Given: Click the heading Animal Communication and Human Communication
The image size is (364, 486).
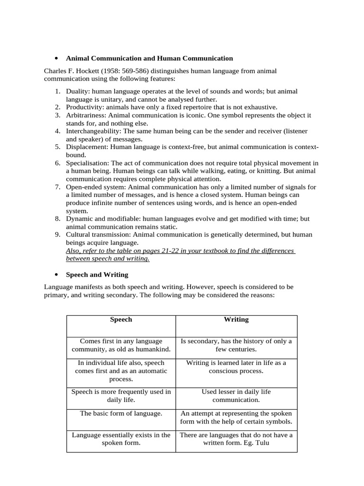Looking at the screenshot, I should (x=149, y=58).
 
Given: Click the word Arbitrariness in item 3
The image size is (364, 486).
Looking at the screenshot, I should (x=86, y=115).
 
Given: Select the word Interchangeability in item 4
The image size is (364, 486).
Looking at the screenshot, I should (x=93, y=131).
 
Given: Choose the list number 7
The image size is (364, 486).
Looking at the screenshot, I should (x=57, y=187).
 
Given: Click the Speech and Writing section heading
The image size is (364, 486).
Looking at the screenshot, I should (x=97, y=275).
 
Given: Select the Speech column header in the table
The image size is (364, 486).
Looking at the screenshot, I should (x=121, y=319).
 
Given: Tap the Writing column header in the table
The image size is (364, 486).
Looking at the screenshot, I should (x=236, y=319).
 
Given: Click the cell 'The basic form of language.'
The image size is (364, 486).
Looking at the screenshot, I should (x=121, y=413).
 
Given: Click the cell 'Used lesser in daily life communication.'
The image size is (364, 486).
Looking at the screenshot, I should (x=236, y=396).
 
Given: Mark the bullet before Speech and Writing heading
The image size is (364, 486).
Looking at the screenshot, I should (x=56, y=275).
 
